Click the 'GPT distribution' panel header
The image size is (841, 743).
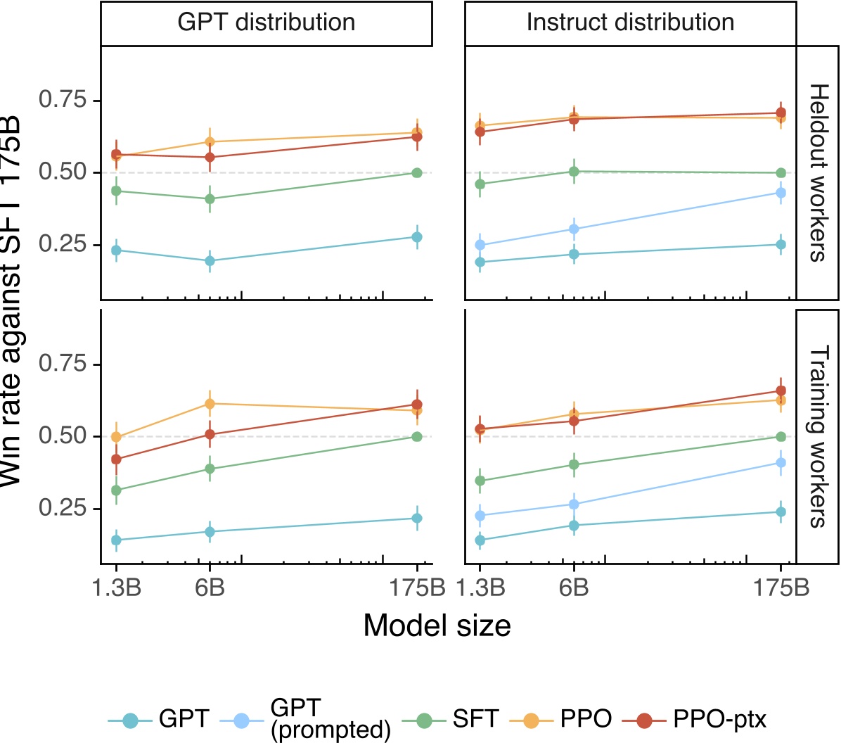[267, 23]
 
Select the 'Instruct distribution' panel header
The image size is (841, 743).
[630, 23]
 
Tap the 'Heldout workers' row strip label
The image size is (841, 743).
[817, 173]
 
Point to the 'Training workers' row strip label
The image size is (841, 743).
[817, 436]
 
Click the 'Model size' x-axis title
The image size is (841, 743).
[437, 625]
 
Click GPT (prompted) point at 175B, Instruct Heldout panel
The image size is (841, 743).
[781, 193]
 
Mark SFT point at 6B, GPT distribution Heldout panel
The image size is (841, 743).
[210, 199]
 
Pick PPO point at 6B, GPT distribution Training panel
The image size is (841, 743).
[210, 404]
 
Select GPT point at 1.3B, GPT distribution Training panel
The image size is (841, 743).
[117, 540]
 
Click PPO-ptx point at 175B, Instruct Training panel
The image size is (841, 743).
[781, 391]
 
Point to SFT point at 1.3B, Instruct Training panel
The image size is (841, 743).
[480, 481]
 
